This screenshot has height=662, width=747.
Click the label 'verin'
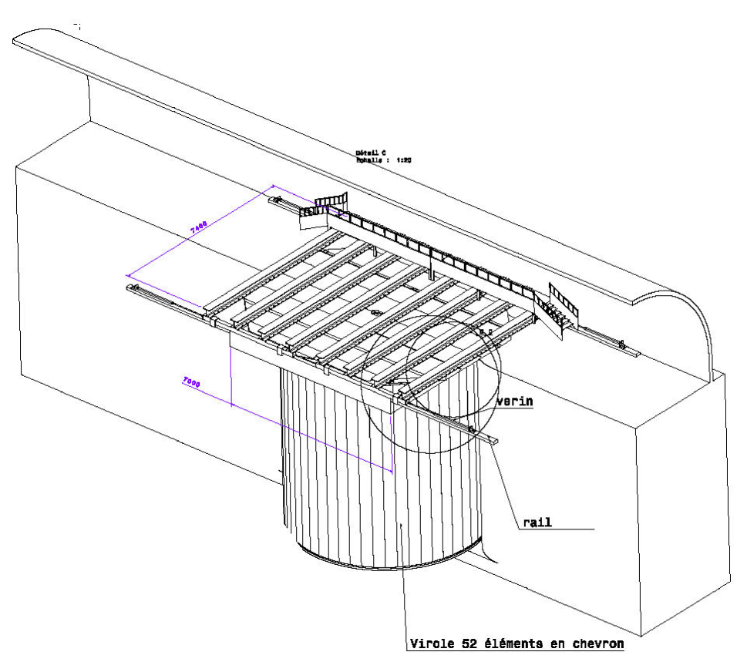pos(515,401)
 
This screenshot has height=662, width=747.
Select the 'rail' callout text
pos(532,522)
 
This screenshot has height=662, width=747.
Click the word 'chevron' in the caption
pos(597,644)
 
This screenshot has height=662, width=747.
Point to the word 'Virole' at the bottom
pos(432,644)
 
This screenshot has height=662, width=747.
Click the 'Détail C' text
pos(373,153)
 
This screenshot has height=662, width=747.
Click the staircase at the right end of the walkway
pos(560,309)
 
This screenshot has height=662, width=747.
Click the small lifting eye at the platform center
pos(375,312)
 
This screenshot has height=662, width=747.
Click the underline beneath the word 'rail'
pos(555,529)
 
